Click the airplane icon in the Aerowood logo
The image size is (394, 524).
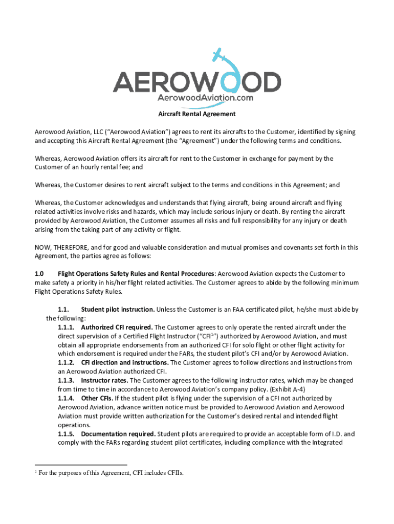pos(217,54)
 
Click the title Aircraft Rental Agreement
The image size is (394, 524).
pos(196,114)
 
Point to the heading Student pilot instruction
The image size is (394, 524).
pos(118,310)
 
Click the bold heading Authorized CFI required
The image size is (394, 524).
pos(116,327)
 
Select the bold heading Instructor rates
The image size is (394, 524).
pos(104,381)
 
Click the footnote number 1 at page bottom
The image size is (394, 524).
pos(36,471)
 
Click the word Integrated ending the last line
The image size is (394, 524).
pos(324,443)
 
